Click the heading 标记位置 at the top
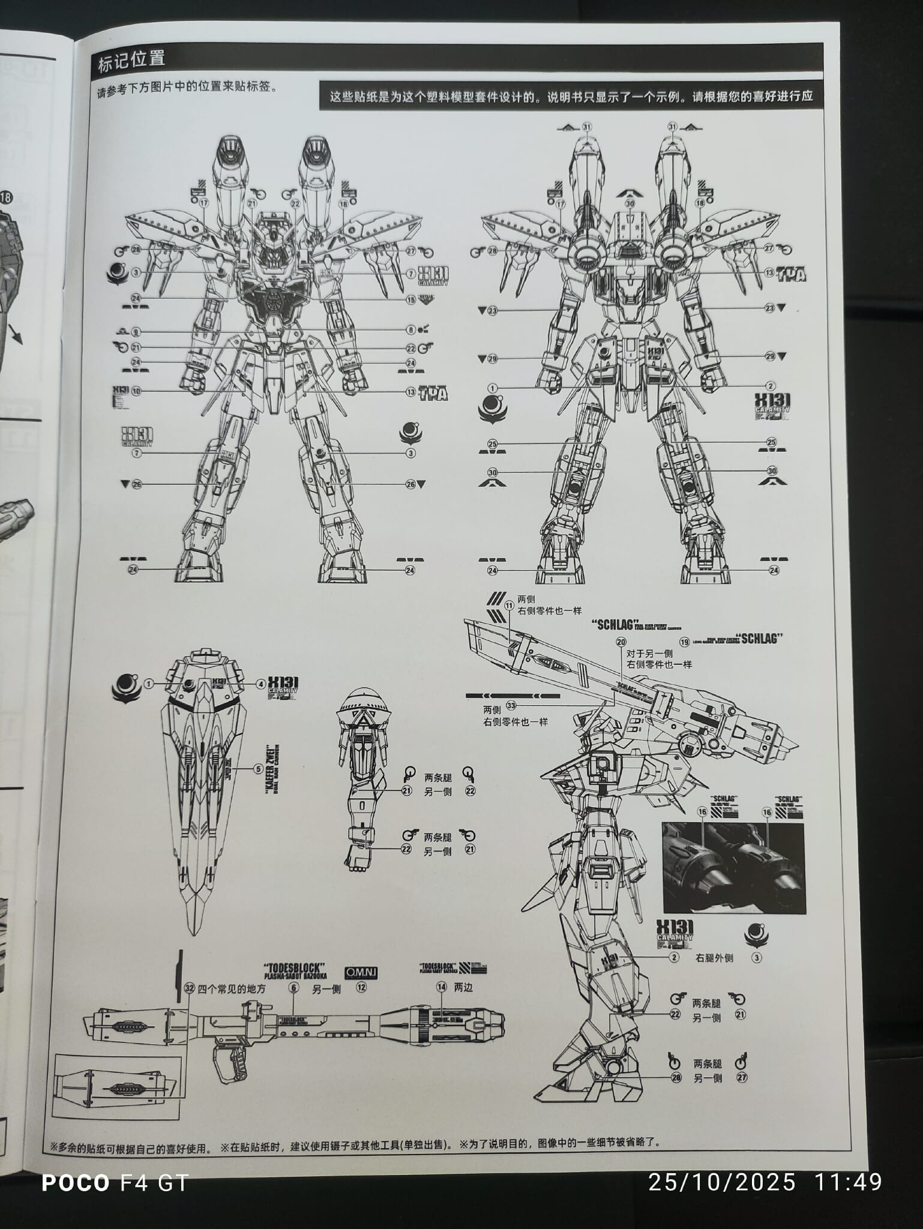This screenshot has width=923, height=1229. pos(131,59)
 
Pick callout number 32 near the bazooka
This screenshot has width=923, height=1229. pos(190,988)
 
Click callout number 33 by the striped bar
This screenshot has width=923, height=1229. pos(511,705)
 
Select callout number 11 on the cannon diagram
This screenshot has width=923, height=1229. pos(509,606)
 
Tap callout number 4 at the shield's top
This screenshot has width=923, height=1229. pos(261,684)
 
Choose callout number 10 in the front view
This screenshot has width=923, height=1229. pos(136,391)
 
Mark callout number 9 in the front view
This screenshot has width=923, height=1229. pos(136,331)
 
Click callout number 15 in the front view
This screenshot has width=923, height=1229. pos(411,299)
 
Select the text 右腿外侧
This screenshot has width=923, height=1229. pos(714,958)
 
